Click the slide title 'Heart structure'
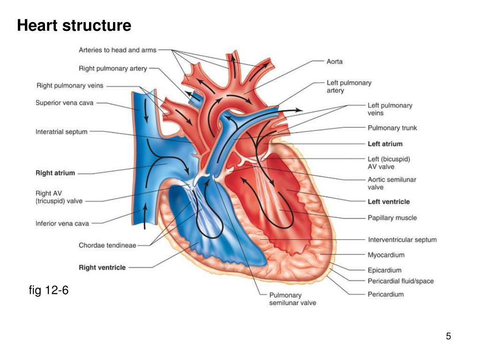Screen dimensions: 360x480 click(x=74, y=25)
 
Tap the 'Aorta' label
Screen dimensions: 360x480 click(x=334, y=61)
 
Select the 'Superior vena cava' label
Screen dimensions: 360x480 click(x=65, y=103)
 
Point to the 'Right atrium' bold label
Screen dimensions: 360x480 click(x=55, y=173)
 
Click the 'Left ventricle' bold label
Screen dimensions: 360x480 click(x=389, y=202)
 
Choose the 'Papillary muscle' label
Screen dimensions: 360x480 click(x=392, y=217)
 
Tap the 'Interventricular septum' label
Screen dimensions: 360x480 click(x=402, y=240)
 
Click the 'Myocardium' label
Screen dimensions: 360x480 click(x=386, y=255)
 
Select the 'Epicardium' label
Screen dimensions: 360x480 click(x=384, y=270)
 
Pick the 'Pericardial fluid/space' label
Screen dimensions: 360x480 click(x=400, y=281)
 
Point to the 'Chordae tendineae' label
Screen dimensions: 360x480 click(x=107, y=245)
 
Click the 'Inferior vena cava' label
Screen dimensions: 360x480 click(x=62, y=224)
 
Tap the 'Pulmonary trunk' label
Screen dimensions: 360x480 click(x=392, y=128)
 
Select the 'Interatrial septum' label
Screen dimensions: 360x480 click(x=61, y=132)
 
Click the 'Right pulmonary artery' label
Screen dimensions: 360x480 click(x=113, y=68)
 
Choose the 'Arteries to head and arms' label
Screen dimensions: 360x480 click(x=118, y=50)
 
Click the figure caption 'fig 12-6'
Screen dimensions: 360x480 click(x=49, y=291)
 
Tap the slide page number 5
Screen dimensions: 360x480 click(x=449, y=336)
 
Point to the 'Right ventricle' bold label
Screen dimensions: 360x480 click(x=102, y=267)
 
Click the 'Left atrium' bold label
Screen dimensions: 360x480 click(x=385, y=144)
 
